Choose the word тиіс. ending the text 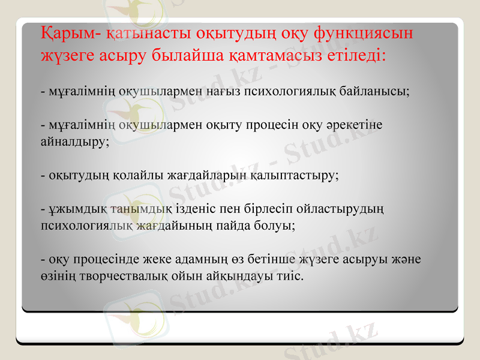point(290,277)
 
